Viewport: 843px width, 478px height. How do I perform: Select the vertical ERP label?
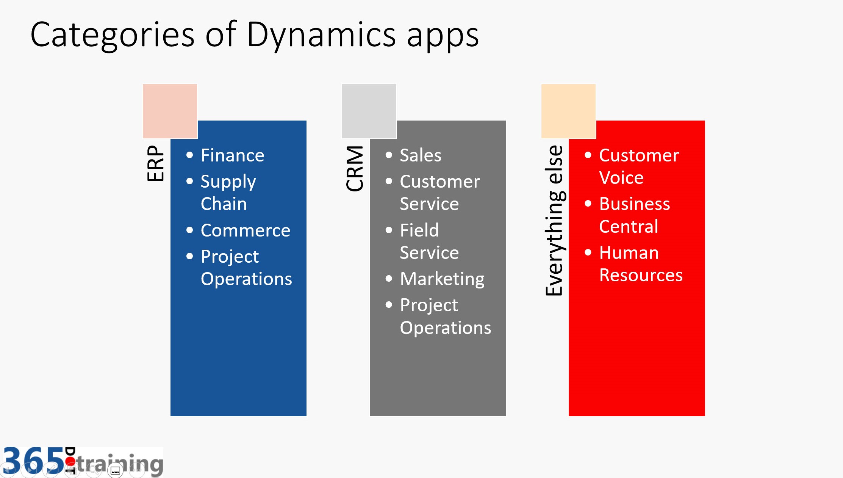click(x=156, y=163)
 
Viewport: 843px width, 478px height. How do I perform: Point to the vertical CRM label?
click(x=355, y=168)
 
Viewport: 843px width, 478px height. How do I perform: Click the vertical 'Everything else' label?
click(x=554, y=220)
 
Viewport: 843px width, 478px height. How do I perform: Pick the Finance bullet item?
click(x=232, y=155)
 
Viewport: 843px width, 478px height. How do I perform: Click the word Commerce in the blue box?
click(x=246, y=230)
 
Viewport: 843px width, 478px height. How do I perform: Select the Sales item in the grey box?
click(x=421, y=155)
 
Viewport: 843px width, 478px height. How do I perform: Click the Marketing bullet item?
click(x=442, y=279)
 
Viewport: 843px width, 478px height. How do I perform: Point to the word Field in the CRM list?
click(x=419, y=230)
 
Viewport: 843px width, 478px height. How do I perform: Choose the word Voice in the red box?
click(x=621, y=178)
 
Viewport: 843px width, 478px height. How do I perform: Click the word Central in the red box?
click(x=629, y=227)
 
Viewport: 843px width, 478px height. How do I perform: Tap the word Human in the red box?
click(x=629, y=253)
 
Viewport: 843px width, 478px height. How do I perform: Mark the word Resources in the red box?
click(x=641, y=275)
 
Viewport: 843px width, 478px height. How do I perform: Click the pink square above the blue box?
click(x=170, y=111)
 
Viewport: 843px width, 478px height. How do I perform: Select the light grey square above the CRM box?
click(x=369, y=111)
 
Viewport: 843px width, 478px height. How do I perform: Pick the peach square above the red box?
click(x=568, y=111)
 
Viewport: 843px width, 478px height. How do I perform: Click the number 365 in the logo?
click(x=33, y=461)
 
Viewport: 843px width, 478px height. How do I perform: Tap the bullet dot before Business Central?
click(x=588, y=204)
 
